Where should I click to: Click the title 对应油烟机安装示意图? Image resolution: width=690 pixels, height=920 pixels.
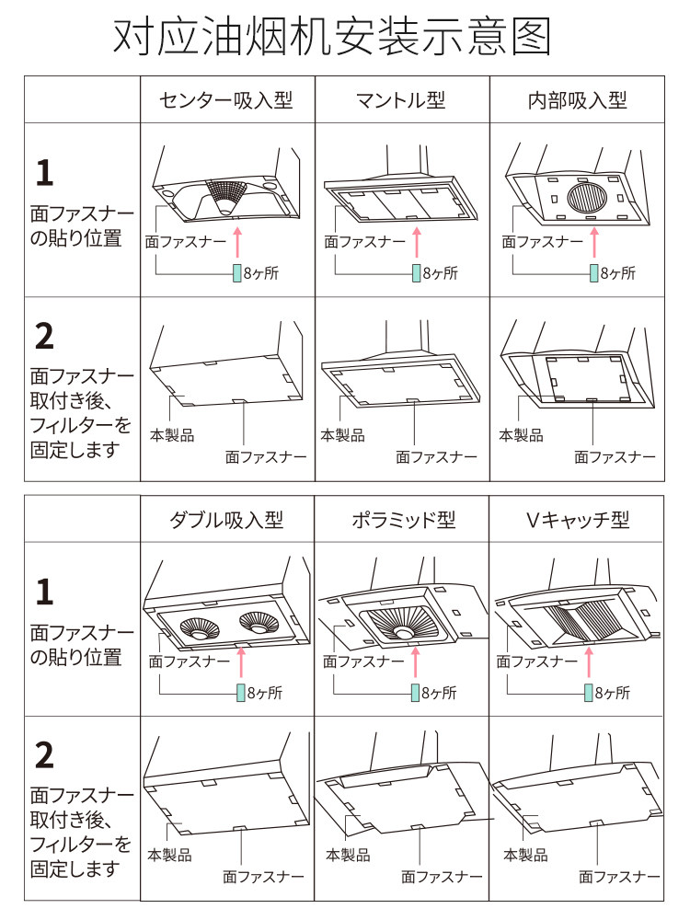pos(332,37)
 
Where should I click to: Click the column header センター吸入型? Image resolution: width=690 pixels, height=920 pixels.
pos(226,100)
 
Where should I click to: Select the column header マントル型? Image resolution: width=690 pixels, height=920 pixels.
pos(401,100)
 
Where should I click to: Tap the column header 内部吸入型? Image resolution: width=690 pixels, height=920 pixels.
pos(578,100)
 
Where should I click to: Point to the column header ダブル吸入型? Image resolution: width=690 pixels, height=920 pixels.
pos(226,520)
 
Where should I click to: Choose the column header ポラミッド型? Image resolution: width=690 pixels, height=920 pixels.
pos(404,520)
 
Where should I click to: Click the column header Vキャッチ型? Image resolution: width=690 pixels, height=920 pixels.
pos(578,520)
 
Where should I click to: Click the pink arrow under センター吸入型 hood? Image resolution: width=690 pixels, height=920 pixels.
pos(237,243)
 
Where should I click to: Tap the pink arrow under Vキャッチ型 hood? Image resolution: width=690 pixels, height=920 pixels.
pos(589,662)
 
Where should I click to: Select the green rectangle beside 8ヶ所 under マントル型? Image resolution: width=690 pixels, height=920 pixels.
pos(416,273)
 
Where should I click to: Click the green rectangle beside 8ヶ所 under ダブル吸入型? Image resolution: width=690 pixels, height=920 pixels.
pos(240,693)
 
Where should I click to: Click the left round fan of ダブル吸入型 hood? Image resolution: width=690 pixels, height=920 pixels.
pos(200,629)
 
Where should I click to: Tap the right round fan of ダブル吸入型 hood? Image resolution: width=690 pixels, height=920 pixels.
pos(259,622)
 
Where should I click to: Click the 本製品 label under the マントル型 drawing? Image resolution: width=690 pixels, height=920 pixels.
pos(342,435)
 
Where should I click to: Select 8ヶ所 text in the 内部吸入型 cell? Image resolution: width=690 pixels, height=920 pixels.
pos(618,273)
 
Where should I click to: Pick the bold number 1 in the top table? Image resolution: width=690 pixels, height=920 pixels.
pos(44,173)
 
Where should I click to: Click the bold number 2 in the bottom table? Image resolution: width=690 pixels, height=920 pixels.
pos(44,755)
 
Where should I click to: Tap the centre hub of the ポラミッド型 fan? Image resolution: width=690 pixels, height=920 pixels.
pos(403,633)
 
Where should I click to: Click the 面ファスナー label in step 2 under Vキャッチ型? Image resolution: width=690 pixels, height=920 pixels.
pos(619,877)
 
